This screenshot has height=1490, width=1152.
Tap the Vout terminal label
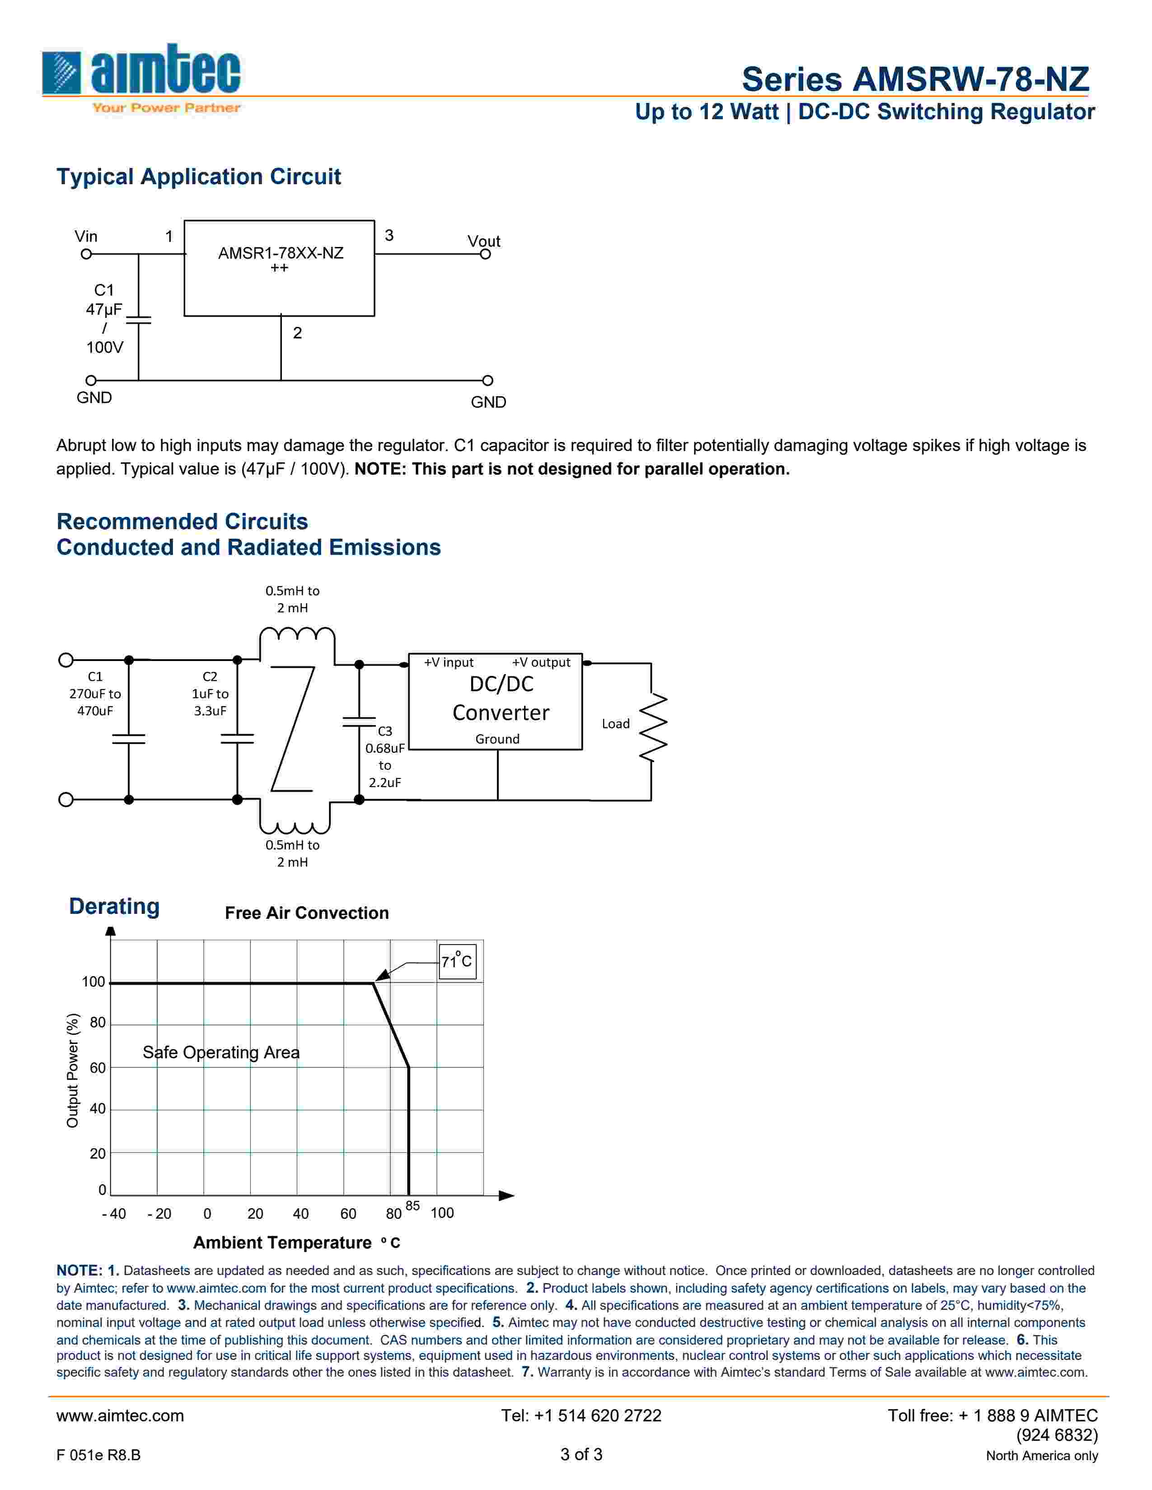tap(483, 241)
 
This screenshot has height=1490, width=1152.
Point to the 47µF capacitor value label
tap(104, 309)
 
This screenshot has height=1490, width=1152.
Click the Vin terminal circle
tap(86, 254)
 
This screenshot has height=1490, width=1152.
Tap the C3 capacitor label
tap(385, 731)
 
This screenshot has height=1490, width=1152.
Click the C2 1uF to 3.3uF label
tap(210, 693)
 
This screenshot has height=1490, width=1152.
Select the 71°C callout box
tap(457, 961)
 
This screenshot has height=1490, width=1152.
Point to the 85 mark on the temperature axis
tap(412, 1206)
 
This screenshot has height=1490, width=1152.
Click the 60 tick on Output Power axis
tap(98, 1068)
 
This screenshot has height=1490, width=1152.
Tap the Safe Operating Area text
tap(220, 1052)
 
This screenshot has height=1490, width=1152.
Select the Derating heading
tap(114, 906)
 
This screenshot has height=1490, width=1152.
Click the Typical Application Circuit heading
tap(198, 177)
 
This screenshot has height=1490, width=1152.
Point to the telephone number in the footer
tap(581, 1415)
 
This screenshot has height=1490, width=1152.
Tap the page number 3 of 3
tap(581, 1454)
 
